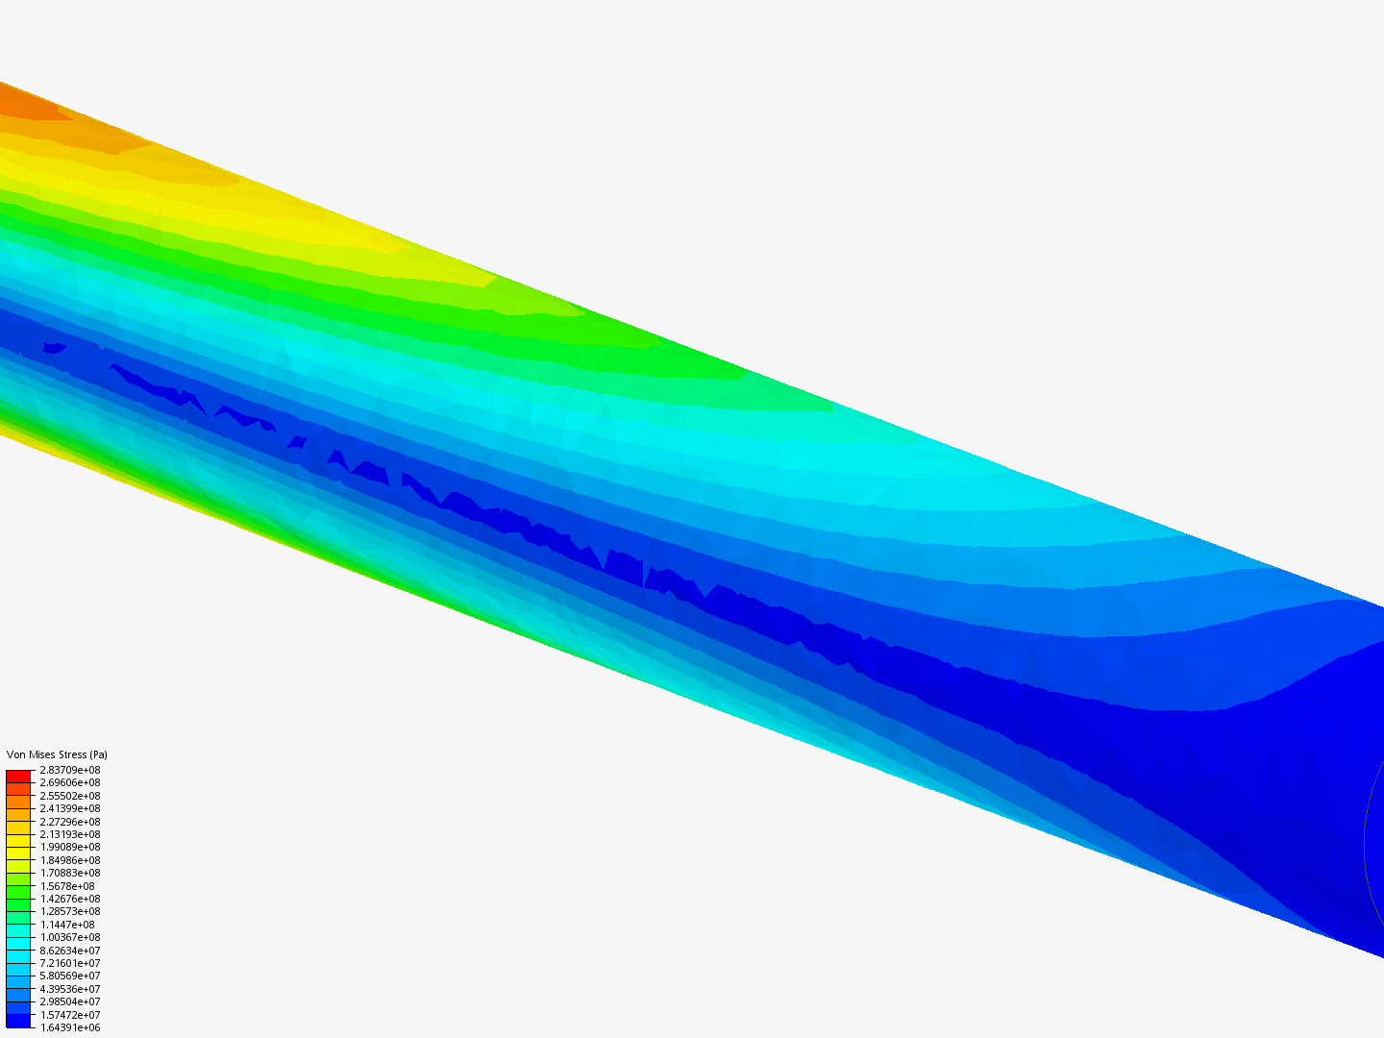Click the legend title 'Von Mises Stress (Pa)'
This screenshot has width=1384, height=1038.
point(57,754)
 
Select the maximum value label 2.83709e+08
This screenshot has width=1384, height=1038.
point(70,770)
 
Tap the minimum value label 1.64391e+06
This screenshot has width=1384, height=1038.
point(70,1028)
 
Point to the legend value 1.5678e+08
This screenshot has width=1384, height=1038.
point(67,886)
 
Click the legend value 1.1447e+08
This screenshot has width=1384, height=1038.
point(67,925)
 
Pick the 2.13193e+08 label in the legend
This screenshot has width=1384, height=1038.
point(70,834)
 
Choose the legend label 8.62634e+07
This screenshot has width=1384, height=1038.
point(70,951)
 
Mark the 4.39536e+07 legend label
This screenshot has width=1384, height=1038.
point(70,989)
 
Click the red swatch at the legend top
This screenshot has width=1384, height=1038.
point(18,777)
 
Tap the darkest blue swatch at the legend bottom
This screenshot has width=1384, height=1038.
point(18,1021)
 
